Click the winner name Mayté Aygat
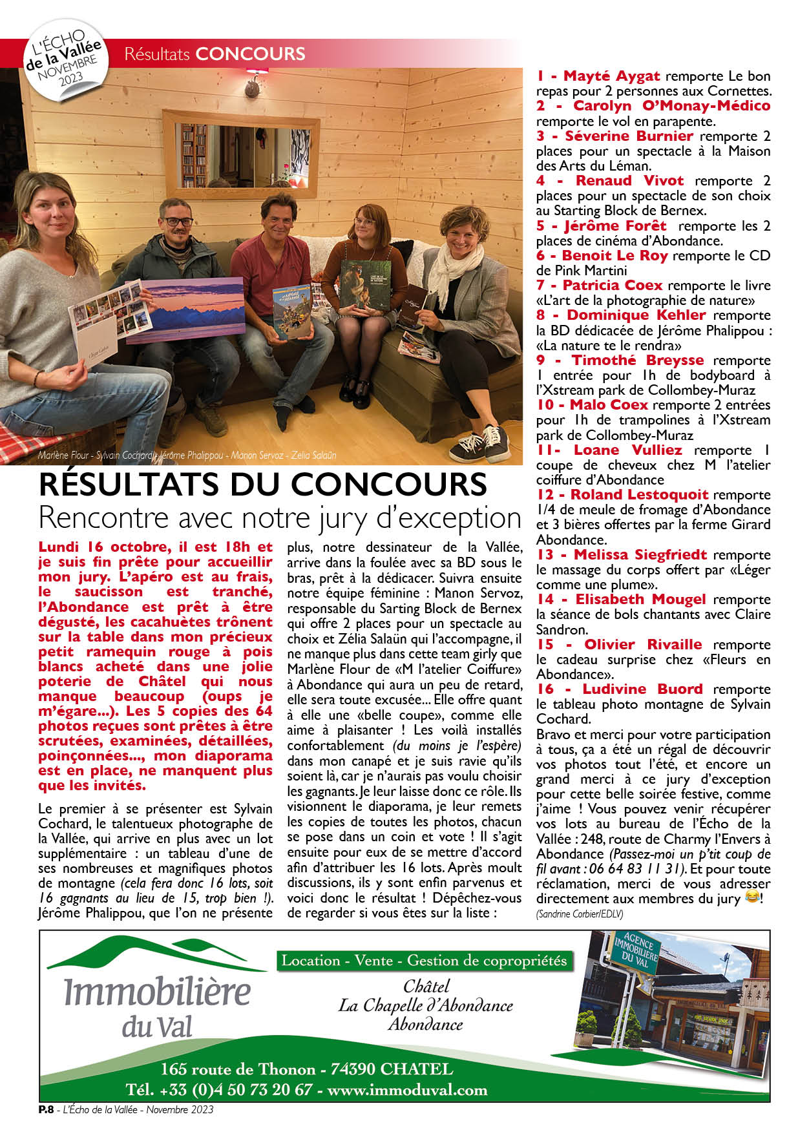(x=611, y=76)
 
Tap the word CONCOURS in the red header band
(x=250, y=54)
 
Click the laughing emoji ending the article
(x=751, y=897)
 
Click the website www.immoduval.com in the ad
(x=407, y=1090)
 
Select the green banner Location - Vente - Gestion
(x=425, y=961)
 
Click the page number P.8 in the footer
(x=46, y=1110)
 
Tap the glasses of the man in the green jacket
(x=177, y=222)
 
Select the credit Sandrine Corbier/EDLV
(x=579, y=914)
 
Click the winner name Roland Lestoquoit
(x=639, y=495)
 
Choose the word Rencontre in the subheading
(x=103, y=518)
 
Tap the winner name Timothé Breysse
(x=637, y=361)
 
